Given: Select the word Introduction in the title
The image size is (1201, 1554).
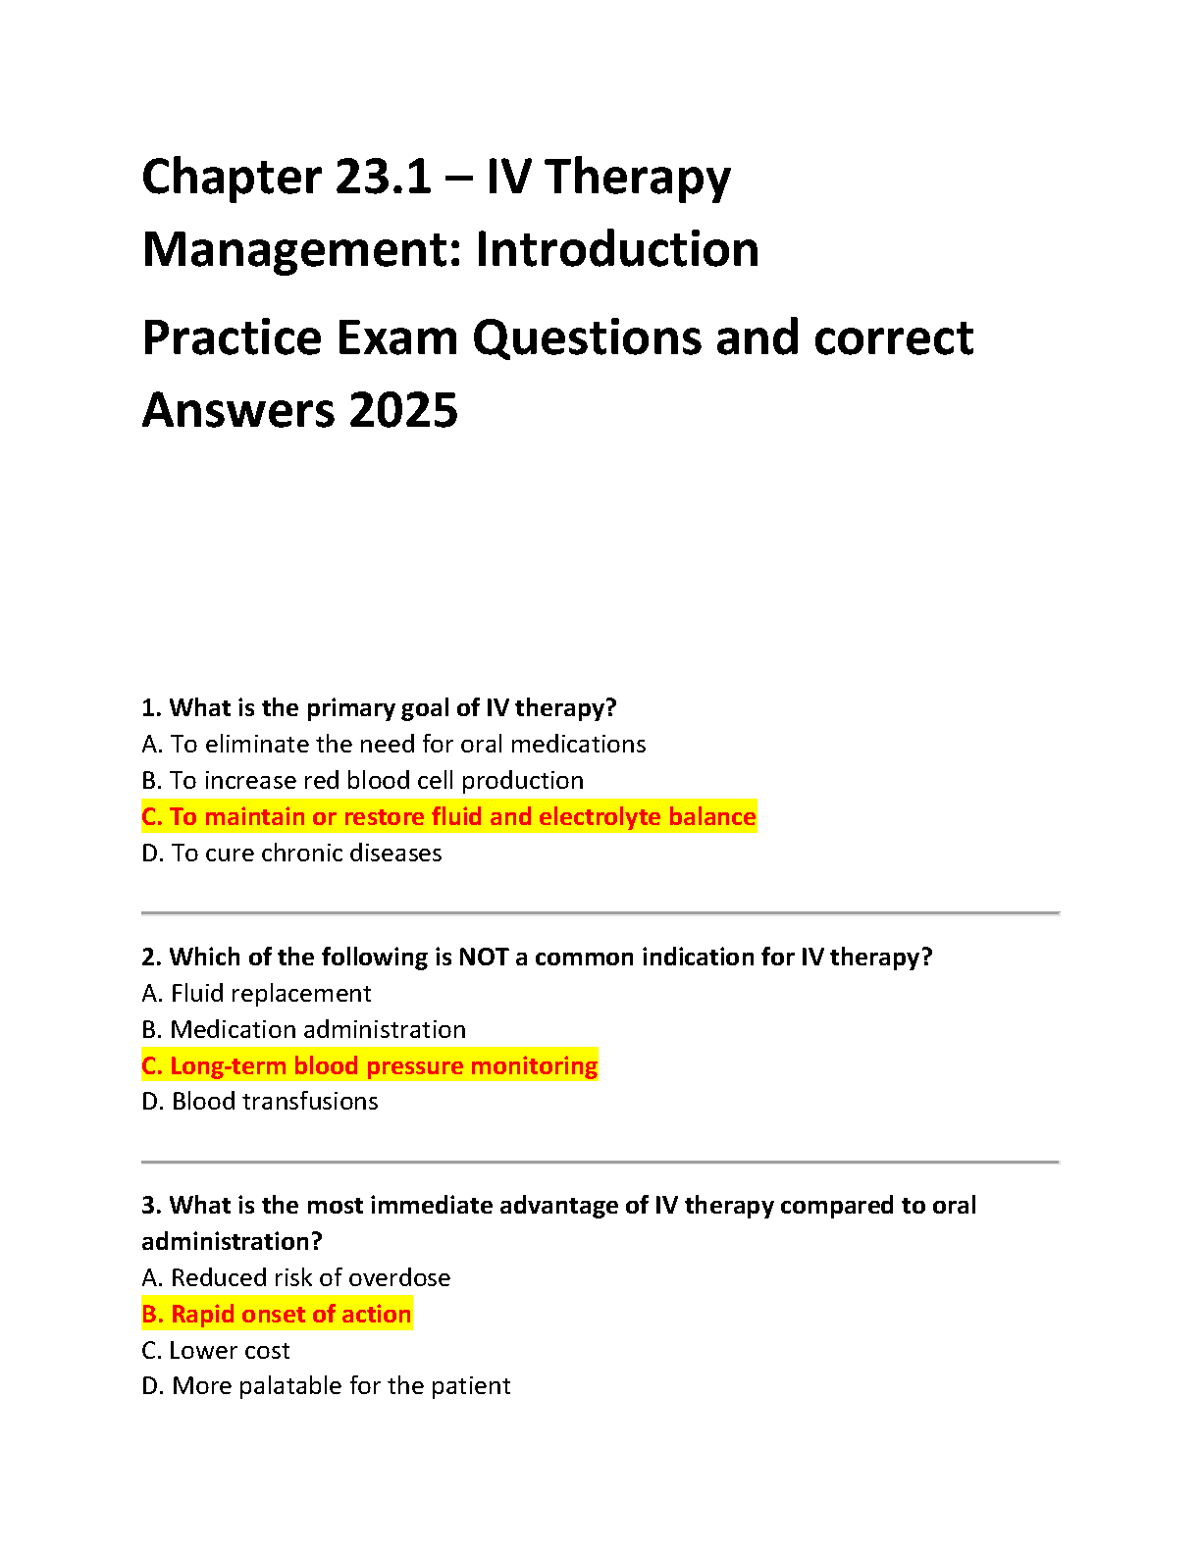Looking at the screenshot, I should click(x=617, y=250).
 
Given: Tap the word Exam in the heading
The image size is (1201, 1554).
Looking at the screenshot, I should click(x=397, y=338).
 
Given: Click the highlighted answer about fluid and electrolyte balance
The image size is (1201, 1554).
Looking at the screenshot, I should click(x=448, y=817).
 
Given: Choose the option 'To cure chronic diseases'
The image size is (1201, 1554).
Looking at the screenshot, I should click(x=291, y=854).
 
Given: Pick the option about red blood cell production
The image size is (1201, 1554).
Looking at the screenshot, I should click(x=362, y=781).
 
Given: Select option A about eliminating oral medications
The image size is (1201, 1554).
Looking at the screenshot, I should click(x=393, y=745).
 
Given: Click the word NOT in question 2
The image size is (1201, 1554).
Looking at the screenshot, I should click(x=483, y=958).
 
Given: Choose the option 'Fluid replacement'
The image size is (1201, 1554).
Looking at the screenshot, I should click(x=256, y=994).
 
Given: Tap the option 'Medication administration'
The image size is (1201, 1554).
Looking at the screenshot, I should click(x=303, y=1030).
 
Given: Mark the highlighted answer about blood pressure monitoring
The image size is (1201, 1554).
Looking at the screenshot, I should click(x=369, y=1066).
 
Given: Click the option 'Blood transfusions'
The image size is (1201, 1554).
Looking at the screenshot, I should click(x=260, y=1102).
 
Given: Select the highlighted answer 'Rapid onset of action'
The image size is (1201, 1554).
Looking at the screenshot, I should click(x=277, y=1315).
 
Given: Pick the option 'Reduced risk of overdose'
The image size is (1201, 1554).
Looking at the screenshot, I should click(x=296, y=1278).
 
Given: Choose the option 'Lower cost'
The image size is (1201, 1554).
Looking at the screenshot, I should click(x=216, y=1351).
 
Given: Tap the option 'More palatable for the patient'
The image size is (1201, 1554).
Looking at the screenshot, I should click(x=326, y=1386).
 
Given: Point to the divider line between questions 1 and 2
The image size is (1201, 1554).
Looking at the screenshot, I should click(x=600, y=913).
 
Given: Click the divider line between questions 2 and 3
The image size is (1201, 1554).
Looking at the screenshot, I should click(x=600, y=1163).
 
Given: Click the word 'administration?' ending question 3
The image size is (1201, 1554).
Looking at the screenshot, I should click(x=232, y=1242).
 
